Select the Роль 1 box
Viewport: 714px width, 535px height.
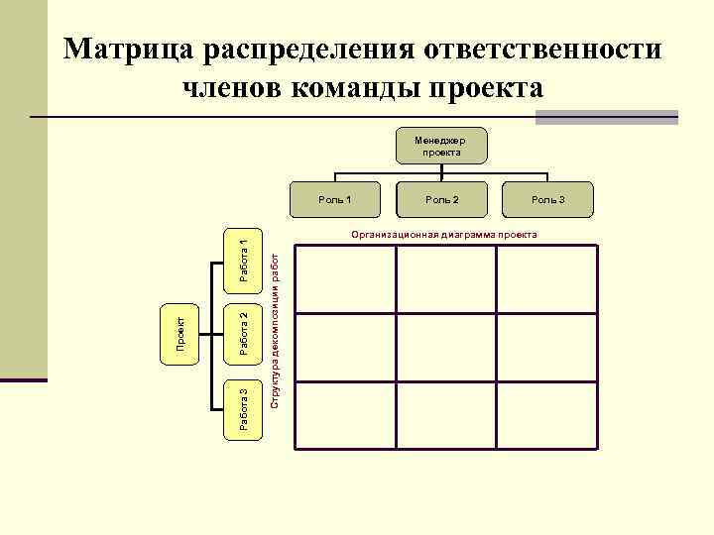point(335,200)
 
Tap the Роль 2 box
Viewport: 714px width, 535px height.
point(441,200)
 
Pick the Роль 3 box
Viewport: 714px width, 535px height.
point(547,200)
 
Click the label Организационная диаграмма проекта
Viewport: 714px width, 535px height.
point(441,235)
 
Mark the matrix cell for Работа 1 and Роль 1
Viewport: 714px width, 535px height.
point(345,279)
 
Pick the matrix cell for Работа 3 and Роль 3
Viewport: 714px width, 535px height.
point(546,414)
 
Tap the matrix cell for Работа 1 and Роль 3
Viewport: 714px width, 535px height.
point(546,279)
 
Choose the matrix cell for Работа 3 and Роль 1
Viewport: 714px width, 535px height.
point(345,414)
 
